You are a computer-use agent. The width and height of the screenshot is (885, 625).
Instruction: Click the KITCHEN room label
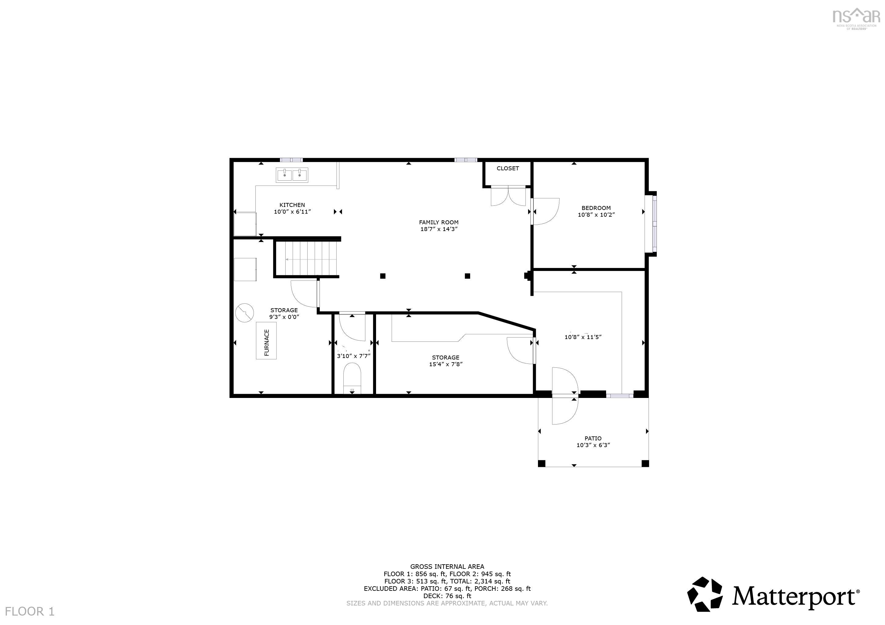click(292, 205)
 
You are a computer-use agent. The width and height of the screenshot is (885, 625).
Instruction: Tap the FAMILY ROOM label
click(439, 222)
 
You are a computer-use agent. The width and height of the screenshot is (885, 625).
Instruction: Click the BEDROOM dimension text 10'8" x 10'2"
click(596, 215)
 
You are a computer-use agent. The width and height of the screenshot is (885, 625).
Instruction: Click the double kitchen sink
click(292, 175)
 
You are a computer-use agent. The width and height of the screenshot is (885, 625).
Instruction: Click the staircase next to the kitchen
click(307, 258)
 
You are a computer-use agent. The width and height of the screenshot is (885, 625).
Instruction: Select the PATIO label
click(593, 438)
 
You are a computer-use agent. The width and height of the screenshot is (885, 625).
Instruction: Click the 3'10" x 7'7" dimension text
click(353, 356)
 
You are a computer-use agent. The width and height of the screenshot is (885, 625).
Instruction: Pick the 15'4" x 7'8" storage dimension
click(446, 364)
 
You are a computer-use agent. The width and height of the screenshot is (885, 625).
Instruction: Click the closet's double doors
click(508, 197)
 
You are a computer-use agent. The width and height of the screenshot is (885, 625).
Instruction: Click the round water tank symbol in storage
click(244, 313)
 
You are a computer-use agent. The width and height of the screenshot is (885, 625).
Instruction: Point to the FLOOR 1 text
click(30, 611)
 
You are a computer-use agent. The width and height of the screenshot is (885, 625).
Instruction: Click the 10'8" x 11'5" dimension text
click(583, 337)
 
